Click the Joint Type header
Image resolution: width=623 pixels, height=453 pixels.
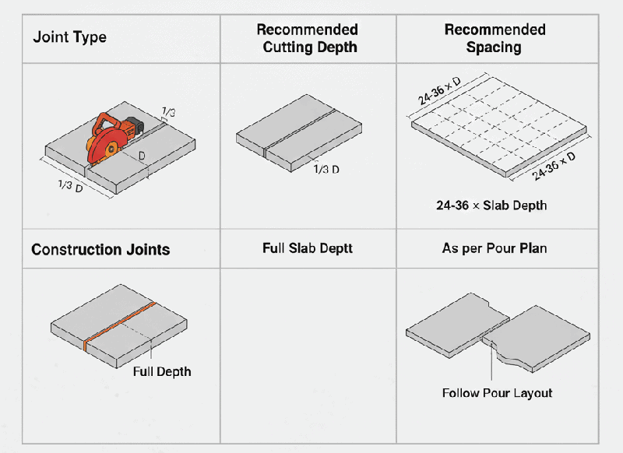pyautogui.click(x=69, y=37)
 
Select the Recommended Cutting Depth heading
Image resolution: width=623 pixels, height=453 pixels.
pyautogui.click(x=308, y=38)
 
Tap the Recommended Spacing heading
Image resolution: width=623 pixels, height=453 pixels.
pyautogui.click(x=495, y=38)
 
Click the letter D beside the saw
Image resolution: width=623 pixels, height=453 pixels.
pyautogui.click(x=142, y=156)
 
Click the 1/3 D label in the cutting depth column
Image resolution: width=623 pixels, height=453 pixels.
pyautogui.click(x=326, y=169)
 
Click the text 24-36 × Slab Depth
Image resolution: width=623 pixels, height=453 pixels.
pyautogui.click(x=491, y=205)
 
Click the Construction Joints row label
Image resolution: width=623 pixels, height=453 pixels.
pyautogui.click(x=100, y=250)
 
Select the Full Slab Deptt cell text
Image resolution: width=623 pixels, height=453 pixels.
pyautogui.click(x=308, y=248)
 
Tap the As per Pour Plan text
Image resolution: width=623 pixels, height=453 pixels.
pyautogui.click(x=495, y=248)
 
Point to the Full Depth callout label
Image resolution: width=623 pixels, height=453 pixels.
pyautogui.click(x=161, y=371)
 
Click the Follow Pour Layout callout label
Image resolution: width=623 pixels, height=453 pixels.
pyautogui.click(x=497, y=393)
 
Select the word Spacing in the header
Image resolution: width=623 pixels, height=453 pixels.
pyautogui.click(x=495, y=47)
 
